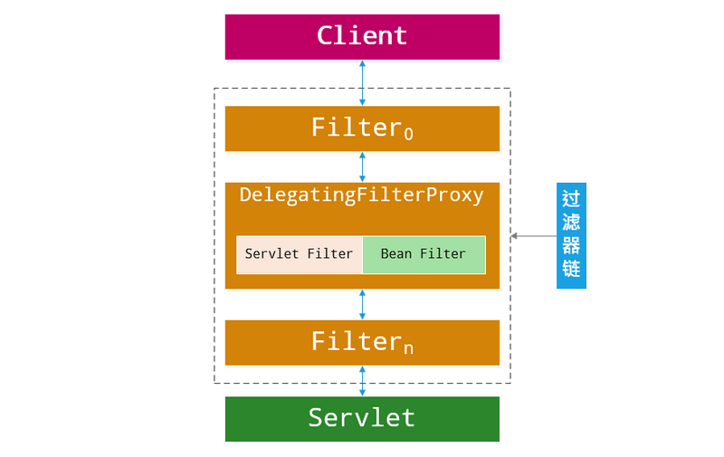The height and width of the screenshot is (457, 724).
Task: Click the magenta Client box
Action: (x=362, y=36)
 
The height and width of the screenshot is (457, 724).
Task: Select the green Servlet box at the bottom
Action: (x=362, y=418)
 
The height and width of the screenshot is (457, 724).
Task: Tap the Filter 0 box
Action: (x=362, y=129)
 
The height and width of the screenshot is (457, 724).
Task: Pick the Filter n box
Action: (x=362, y=342)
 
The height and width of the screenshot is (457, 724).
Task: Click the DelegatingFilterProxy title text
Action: (x=362, y=195)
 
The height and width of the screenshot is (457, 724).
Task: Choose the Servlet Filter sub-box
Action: (x=299, y=254)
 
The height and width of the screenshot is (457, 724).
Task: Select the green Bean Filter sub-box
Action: (x=424, y=254)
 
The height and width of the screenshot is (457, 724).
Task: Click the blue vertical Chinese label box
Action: (x=571, y=235)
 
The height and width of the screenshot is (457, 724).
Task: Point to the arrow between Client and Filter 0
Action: (x=362, y=82)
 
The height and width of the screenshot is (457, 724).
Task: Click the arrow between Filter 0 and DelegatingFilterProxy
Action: (x=362, y=167)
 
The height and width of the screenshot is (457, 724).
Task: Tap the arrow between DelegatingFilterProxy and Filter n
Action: (x=362, y=304)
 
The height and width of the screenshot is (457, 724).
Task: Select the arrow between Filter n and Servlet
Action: (x=362, y=381)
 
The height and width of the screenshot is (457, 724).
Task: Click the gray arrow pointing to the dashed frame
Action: (x=533, y=235)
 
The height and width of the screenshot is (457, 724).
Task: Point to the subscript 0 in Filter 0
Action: (x=408, y=134)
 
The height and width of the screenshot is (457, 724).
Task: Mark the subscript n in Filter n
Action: (x=408, y=348)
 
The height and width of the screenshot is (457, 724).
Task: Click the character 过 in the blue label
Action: (x=571, y=199)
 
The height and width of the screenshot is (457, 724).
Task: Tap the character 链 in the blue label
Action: (x=571, y=270)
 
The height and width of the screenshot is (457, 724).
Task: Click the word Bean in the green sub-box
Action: (x=396, y=254)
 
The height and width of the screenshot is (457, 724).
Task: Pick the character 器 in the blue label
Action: (x=571, y=246)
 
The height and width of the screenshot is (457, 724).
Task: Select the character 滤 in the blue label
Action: (x=571, y=223)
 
